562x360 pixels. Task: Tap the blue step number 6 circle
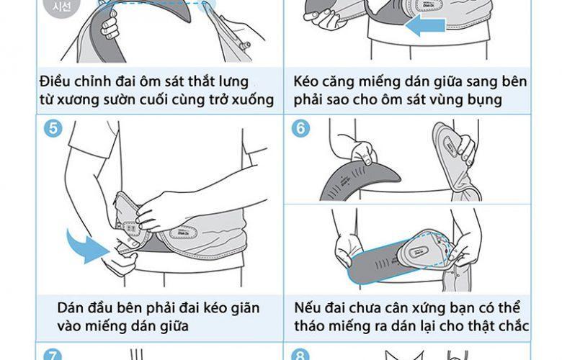click(300, 129)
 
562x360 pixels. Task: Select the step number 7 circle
click(53, 356)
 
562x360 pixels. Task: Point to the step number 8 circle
click(300, 356)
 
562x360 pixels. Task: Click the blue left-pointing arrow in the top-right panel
click(425, 26)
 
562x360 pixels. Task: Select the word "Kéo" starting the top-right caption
click(305, 81)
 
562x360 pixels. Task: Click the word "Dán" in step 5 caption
click(70, 308)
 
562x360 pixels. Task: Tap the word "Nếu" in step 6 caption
click(306, 308)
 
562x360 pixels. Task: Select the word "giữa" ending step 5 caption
click(174, 327)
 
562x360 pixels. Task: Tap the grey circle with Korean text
click(62, 6)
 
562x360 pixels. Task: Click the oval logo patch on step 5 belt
click(187, 233)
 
